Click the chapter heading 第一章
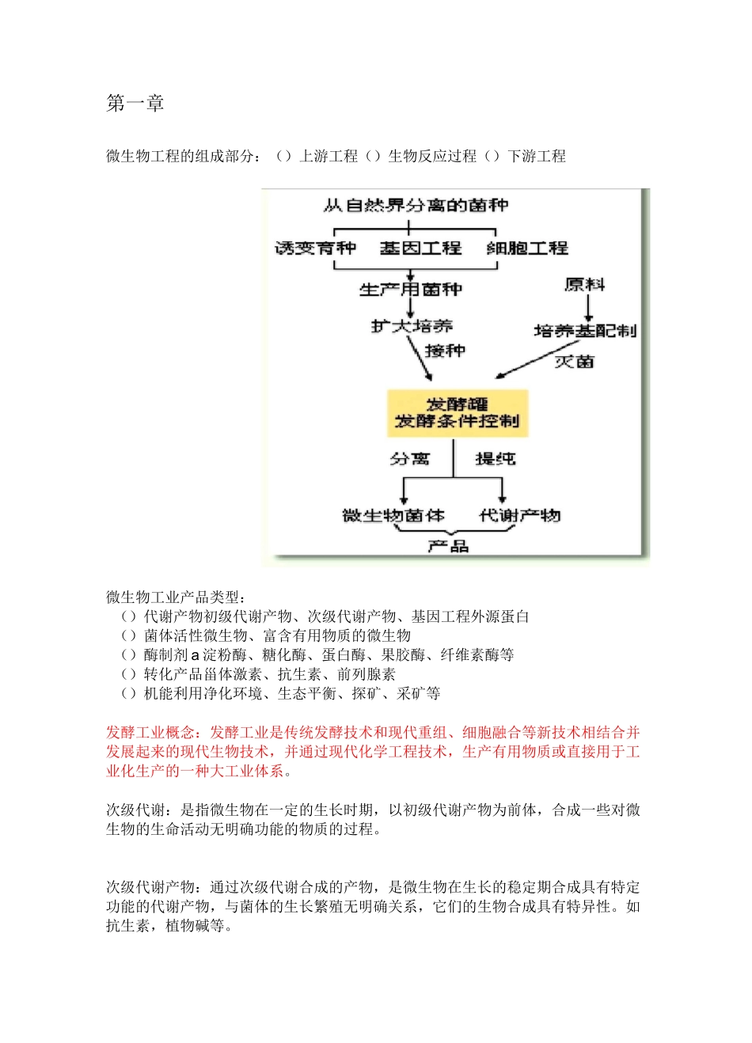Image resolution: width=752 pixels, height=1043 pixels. tap(135, 104)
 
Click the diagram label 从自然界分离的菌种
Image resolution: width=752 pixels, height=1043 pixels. tap(416, 206)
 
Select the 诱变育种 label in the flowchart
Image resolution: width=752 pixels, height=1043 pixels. tap(315, 248)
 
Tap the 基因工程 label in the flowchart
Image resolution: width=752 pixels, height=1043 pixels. tap(420, 248)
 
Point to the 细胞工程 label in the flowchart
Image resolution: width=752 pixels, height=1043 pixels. tap(527, 248)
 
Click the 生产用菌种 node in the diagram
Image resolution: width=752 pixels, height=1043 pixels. tap(410, 290)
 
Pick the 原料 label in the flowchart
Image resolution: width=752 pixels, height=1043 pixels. tap(585, 285)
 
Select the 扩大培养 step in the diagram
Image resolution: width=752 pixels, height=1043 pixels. tap(412, 326)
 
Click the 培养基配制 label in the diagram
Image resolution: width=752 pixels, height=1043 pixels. tap(585, 331)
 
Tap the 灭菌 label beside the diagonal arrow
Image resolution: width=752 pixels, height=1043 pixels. tap(574, 362)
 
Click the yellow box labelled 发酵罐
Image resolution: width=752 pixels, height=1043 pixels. tap(457, 413)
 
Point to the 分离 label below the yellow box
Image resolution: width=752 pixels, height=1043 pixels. tap(409, 459)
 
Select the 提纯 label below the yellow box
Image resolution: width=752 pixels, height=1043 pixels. tap(495, 459)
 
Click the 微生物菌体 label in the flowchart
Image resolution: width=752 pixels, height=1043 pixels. tap(393, 516)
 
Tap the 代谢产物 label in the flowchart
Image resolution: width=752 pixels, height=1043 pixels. tap(520, 516)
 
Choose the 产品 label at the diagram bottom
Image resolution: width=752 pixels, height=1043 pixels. tap(448, 546)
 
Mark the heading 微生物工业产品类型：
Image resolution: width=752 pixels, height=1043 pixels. tap(177, 597)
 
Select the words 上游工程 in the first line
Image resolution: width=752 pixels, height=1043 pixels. tap(329, 157)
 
